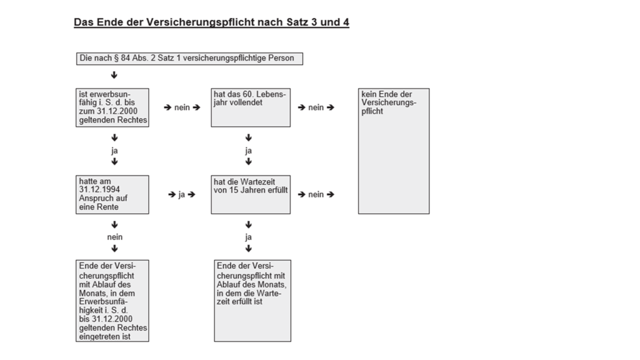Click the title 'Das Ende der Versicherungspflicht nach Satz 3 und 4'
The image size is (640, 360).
tap(211, 22)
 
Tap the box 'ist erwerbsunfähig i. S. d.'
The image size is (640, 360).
tap(112, 107)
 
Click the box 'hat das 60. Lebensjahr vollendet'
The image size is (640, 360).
tap(251, 107)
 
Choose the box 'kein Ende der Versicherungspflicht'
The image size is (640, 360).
tap(393, 151)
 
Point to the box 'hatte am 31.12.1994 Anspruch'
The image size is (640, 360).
tap(112, 194)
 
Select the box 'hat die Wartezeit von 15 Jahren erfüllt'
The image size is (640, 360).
tap(251, 194)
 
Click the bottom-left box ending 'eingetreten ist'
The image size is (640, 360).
tap(112, 301)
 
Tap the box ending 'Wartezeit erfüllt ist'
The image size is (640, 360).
tap(252, 301)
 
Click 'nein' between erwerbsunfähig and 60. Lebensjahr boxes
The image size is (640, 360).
tap(182, 107)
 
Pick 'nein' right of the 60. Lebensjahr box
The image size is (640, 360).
tap(316, 107)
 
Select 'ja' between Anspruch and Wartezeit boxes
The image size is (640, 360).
tap(182, 194)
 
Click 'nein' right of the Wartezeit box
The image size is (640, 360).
tap(316, 194)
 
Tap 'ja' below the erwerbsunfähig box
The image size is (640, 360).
tap(114, 151)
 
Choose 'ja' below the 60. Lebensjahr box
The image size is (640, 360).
tap(249, 151)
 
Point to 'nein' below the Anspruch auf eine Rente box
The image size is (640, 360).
tap(114, 237)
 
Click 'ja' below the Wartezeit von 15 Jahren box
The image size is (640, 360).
tap(249, 237)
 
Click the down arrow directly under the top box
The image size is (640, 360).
tap(114, 76)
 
